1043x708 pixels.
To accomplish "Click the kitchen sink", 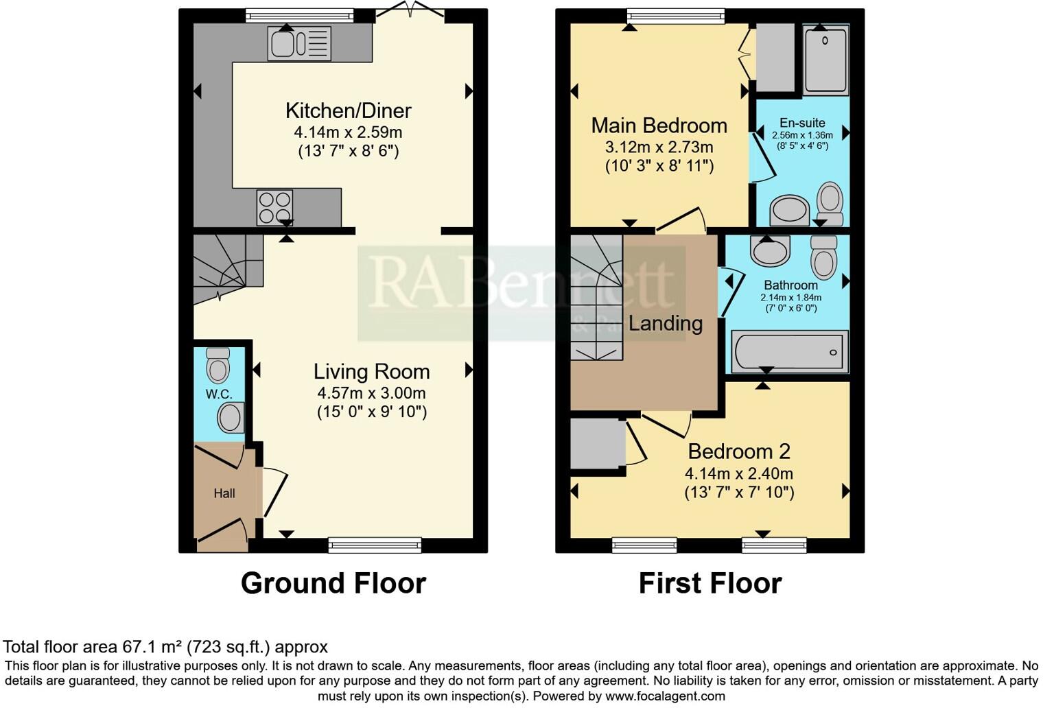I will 300,44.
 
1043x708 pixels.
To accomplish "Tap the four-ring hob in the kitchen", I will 274,206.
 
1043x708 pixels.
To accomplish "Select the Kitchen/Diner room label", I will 348,110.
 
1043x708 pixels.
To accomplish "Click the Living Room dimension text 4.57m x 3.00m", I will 371,393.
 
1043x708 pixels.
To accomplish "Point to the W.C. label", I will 219,394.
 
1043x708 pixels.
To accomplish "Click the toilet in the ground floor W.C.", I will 218,366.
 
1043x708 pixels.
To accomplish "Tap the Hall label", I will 224,493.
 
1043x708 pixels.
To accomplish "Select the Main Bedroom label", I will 659,126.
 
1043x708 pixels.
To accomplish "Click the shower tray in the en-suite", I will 825,60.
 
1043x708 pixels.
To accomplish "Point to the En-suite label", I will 802,123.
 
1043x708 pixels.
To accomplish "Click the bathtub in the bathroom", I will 790,352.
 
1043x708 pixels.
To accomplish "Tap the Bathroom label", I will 790,285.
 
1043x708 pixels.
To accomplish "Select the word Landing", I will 666,323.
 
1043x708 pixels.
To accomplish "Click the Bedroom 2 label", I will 739,451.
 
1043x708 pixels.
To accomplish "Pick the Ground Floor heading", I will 333,583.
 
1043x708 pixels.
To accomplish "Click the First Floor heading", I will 710,583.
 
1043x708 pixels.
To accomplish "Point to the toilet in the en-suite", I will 830,202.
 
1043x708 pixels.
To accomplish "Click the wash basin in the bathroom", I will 770,251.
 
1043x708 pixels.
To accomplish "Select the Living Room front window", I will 375,545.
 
